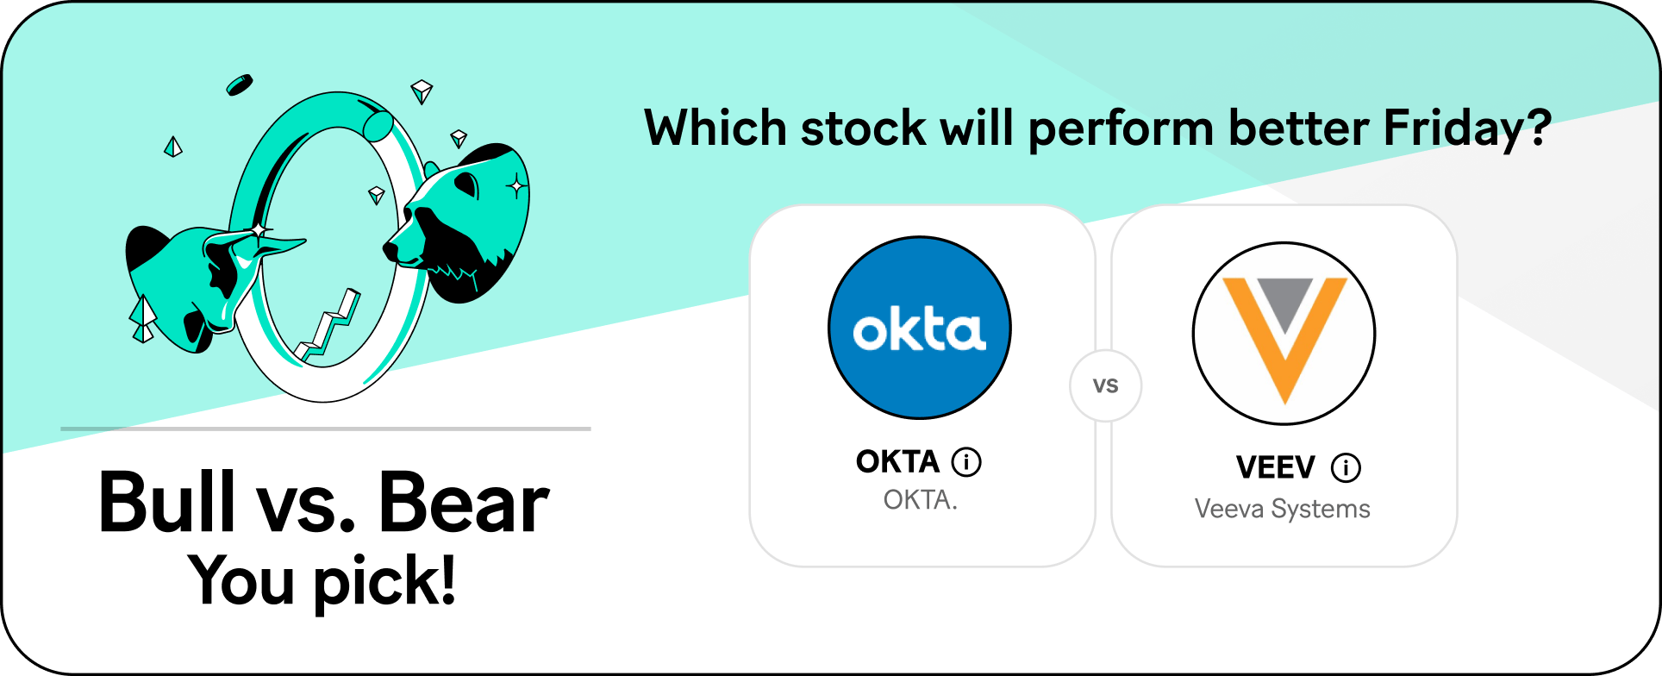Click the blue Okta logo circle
[x=920, y=328]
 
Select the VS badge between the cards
[x=1106, y=385]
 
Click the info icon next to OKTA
[x=966, y=462]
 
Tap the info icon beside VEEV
[x=1346, y=468]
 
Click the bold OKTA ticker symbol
[x=897, y=462]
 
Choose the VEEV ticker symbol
[x=1276, y=468]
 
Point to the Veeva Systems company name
[x=1283, y=509]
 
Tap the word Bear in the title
[x=464, y=503]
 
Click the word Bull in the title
[x=166, y=502]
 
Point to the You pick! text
[x=322, y=581]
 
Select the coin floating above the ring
[x=239, y=84]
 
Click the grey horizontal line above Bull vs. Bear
[x=326, y=429]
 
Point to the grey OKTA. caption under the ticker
[x=920, y=500]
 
